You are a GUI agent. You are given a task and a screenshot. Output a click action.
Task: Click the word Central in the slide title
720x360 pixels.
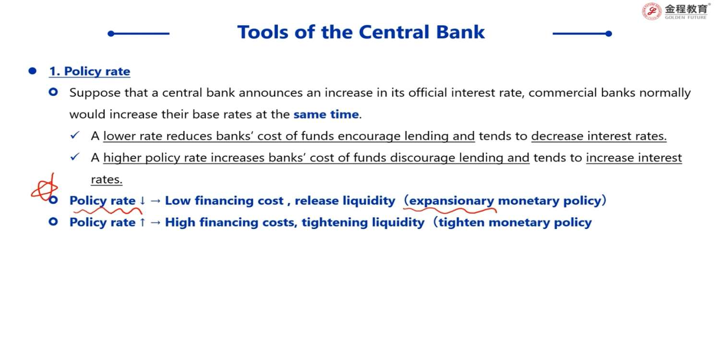coord(394,32)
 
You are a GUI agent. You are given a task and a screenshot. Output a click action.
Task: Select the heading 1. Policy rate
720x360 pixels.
coord(90,71)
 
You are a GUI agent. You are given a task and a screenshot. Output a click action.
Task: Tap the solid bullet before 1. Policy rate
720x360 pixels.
coord(33,71)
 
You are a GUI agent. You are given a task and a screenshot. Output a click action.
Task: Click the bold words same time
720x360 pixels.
coord(326,114)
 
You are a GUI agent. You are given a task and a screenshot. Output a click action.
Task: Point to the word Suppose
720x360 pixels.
coord(95,93)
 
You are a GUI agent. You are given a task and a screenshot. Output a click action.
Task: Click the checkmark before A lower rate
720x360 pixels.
coord(75,135)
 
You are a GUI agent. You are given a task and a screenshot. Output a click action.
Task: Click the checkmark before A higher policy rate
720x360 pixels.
coord(75,156)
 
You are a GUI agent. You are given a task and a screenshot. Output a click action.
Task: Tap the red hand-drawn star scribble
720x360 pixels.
coord(44,187)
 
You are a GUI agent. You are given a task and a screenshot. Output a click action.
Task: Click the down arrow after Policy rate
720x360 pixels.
coord(143,201)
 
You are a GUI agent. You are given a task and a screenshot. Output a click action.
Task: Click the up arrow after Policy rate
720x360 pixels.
coord(143,222)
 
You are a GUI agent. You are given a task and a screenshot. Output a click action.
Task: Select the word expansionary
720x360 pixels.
coord(451,201)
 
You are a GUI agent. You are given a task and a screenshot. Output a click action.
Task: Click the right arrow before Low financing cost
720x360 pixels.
coord(156,201)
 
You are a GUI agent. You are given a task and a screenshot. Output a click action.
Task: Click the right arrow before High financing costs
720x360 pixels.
coord(156,222)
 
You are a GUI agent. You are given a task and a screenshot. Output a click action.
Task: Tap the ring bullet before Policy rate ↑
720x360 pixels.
coord(53,222)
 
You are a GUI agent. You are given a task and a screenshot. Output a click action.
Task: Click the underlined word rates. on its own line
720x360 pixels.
coord(107,180)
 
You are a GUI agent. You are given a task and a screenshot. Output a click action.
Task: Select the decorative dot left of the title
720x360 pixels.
coord(111,34)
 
